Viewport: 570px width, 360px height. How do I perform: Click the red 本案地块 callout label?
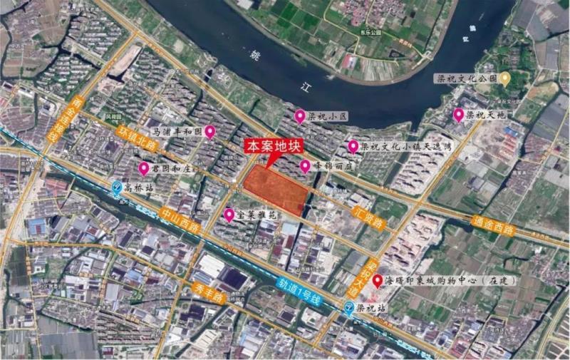click(x=274, y=146)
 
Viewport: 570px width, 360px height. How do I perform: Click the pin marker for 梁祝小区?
click(x=300, y=116)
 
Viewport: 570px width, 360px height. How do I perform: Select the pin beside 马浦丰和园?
click(x=209, y=132)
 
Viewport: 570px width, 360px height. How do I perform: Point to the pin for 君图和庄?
click(x=144, y=168)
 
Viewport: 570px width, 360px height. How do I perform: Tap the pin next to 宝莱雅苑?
click(x=229, y=215)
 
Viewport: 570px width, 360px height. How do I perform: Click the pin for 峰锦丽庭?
click(x=305, y=166)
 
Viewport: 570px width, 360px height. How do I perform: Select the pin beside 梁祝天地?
click(x=458, y=115)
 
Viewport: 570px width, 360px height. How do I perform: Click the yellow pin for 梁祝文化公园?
click(x=505, y=78)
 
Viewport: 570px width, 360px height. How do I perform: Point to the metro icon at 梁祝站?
click(x=348, y=309)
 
